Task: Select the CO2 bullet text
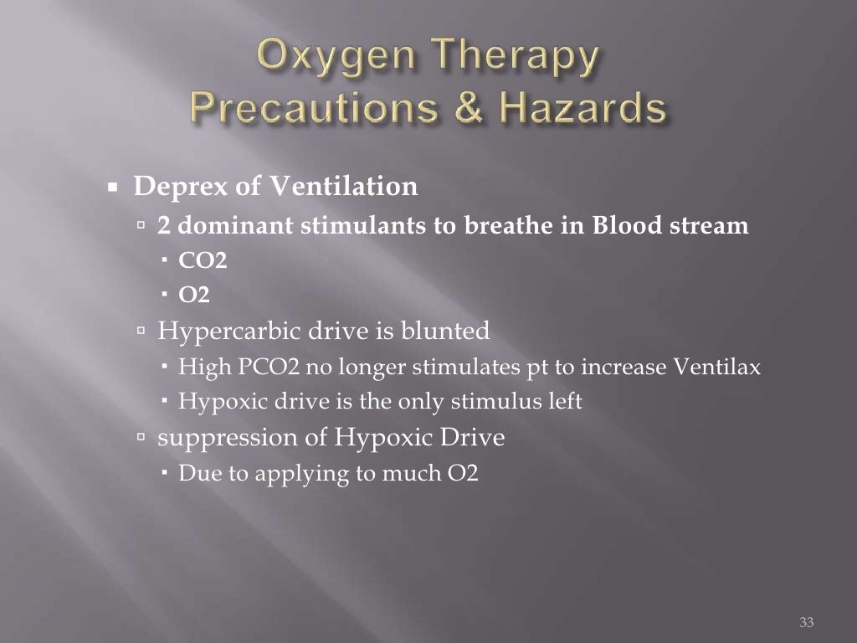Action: click(x=203, y=260)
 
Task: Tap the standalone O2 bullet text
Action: click(x=194, y=295)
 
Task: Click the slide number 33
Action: click(x=807, y=621)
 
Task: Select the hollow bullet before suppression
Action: click(x=141, y=438)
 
